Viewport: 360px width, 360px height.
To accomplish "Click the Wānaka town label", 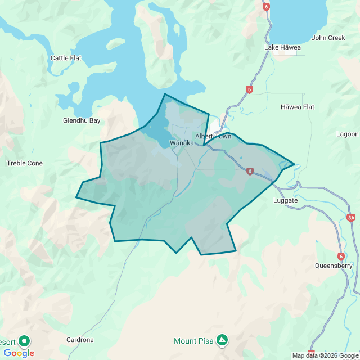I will [182, 143].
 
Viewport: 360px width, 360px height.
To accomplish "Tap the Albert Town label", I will [213, 137].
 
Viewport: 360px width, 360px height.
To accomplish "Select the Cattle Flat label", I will [66, 58].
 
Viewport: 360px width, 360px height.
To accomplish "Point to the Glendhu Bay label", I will [82, 120].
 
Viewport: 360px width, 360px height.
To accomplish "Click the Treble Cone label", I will [24, 163].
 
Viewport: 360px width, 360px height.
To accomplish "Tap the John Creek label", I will [328, 38].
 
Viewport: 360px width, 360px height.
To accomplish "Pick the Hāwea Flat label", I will [298, 107].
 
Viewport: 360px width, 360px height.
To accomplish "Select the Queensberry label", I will [334, 265].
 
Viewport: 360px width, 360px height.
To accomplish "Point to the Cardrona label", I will [80, 340].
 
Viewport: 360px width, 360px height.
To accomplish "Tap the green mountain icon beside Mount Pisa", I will [223, 340].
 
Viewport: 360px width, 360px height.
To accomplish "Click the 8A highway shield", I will [352, 217].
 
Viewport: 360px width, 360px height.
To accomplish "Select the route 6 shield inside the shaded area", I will [249, 171].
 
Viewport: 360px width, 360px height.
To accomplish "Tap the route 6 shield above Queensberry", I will [341, 256].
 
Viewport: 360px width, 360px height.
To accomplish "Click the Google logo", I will [19, 353].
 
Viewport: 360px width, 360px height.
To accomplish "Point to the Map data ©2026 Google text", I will [325, 355].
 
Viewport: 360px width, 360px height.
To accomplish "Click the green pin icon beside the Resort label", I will [24, 341].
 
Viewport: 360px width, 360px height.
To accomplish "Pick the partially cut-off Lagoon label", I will [347, 134].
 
